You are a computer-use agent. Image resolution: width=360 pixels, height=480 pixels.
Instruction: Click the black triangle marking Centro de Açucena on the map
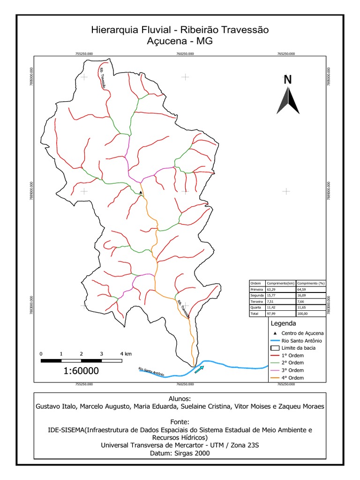point(141,192)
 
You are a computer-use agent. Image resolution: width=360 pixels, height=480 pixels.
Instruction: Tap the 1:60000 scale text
point(81,371)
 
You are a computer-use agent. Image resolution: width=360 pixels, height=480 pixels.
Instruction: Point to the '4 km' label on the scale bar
point(125,353)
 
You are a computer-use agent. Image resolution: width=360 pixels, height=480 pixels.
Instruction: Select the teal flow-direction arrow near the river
point(199,370)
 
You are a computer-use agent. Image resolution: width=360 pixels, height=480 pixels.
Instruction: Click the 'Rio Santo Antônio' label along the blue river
point(151,372)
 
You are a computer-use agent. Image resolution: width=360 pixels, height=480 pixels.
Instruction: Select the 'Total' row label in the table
point(255,313)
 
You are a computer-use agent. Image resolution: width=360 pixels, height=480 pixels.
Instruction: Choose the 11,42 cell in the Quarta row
point(271,307)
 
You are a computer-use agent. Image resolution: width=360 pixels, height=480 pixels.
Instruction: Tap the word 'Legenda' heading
point(283,323)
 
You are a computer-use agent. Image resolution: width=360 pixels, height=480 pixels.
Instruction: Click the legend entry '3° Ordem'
point(292,370)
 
